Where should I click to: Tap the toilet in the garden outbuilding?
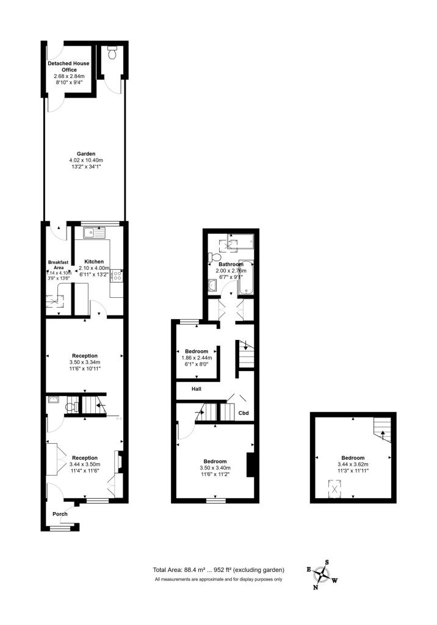(111, 54)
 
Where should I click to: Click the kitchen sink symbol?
(96, 231)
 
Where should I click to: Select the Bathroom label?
(231, 264)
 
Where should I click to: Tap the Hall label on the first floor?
(197, 389)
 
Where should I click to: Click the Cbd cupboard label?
(244, 413)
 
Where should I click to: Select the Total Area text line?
(218, 570)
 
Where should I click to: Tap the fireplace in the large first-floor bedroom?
(250, 464)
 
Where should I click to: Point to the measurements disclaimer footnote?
(218, 579)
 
